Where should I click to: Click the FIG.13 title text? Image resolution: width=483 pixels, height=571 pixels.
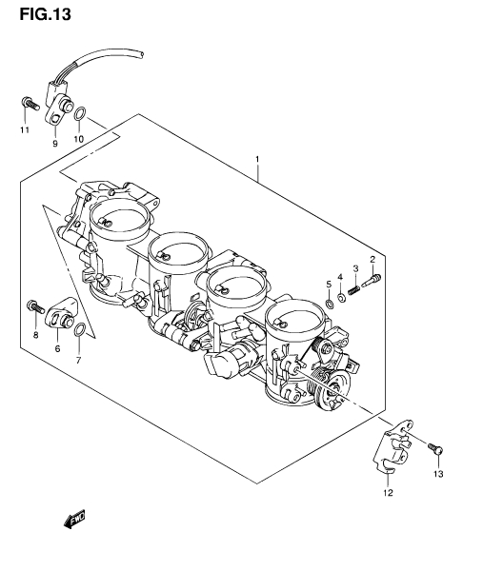(x=45, y=14)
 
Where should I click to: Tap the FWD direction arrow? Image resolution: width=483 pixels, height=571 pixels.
(x=73, y=519)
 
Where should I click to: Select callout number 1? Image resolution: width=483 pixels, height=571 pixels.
(x=257, y=159)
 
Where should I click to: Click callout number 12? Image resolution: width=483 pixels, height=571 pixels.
(x=389, y=493)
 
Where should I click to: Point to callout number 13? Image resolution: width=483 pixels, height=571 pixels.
(x=438, y=474)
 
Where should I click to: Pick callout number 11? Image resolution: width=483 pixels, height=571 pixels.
(x=25, y=130)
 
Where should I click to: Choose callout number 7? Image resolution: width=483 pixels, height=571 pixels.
(x=78, y=360)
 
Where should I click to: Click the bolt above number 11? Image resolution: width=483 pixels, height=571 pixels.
(x=30, y=103)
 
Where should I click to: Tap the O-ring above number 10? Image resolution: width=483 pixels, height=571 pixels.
(x=80, y=113)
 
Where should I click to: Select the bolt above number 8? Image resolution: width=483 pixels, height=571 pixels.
(x=35, y=307)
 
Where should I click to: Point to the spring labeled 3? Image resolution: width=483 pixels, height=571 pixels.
(x=354, y=290)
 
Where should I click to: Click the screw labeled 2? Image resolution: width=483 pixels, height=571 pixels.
(x=372, y=281)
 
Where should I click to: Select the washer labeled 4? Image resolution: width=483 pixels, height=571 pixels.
(x=342, y=298)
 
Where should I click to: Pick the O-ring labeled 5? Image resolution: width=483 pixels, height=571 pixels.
(x=330, y=303)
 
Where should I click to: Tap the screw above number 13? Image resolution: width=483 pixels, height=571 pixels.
(x=435, y=448)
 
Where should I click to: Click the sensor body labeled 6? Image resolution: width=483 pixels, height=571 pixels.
(x=61, y=313)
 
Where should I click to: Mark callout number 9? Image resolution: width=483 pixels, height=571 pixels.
(x=55, y=144)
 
